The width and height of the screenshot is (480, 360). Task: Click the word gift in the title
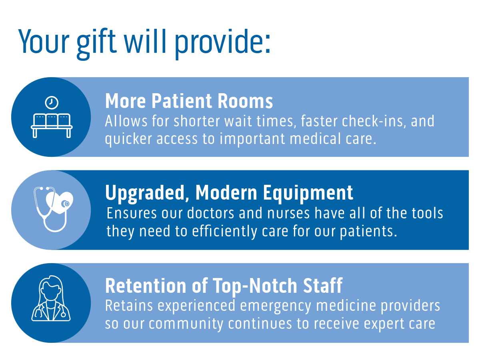point(96,44)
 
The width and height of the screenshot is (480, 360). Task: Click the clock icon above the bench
point(52,102)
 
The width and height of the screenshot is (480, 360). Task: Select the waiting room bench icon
point(52,126)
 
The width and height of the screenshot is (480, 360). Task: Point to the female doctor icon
point(51,298)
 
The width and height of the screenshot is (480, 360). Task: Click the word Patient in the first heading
point(182,101)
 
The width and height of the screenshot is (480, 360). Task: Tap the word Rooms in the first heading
point(245,101)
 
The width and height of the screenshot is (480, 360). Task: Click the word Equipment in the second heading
point(308,193)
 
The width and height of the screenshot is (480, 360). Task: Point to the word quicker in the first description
point(128,139)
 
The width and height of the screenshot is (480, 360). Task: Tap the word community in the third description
point(186,324)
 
